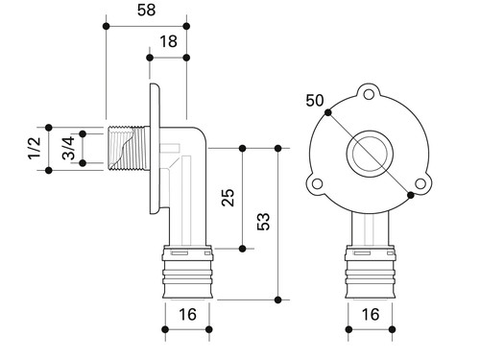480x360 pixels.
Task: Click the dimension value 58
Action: pos(146,10)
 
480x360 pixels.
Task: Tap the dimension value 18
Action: pos(168,41)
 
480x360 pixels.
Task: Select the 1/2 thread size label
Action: pos(35,148)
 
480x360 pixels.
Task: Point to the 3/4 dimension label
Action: pos(68,148)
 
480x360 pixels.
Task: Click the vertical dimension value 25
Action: pos(228,198)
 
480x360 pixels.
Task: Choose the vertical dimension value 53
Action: pos(263,222)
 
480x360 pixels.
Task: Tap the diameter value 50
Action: pos(315,101)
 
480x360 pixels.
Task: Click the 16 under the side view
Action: pos(187,315)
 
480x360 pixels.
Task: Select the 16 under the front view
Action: pos(371,315)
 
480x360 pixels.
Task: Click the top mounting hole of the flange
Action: pos(369,95)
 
